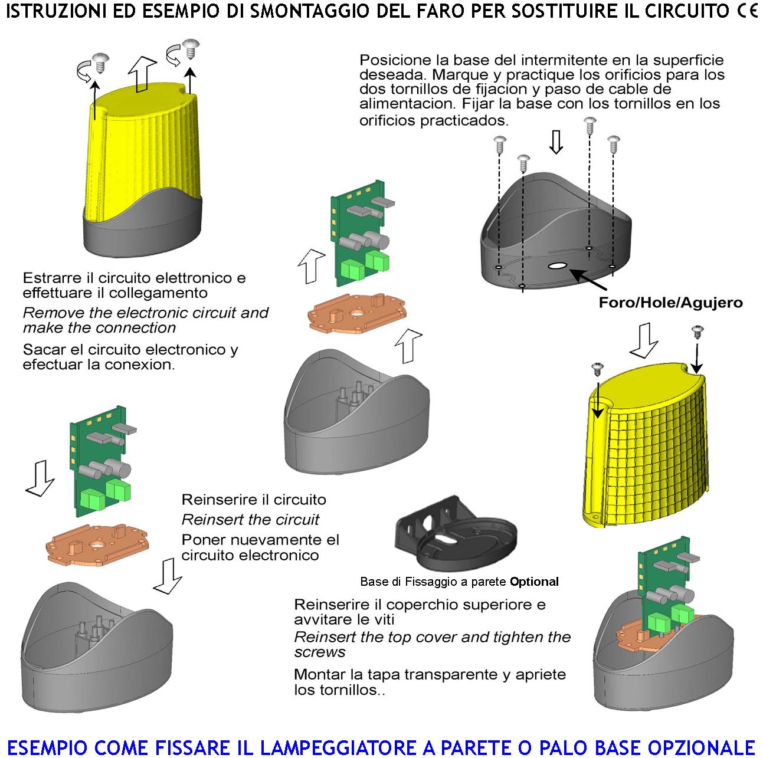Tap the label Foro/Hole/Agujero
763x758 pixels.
coord(670,303)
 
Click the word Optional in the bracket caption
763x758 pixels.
coord(534,582)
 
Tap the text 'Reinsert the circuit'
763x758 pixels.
coord(250,520)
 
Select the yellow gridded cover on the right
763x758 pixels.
coord(649,448)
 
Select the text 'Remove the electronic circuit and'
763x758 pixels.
coord(145,313)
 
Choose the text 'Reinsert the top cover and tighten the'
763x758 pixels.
coord(432,637)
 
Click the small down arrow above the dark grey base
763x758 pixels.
coord(556,142)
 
